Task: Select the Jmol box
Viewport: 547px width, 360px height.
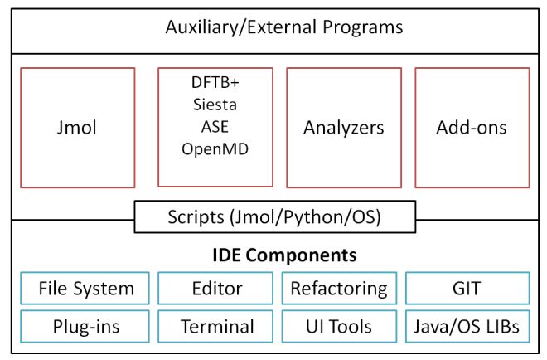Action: [77, 128]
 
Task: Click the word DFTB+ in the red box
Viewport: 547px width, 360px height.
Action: [215, 84]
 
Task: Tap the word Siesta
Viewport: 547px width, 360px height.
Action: [215, 105]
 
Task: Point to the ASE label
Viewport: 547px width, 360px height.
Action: [215, 127]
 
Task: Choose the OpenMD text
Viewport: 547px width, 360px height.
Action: [215, 149]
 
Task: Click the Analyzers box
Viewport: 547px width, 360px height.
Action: [343, 128]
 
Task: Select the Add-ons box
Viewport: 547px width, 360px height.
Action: [472, 128]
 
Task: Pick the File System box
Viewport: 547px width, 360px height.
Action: [85, 289]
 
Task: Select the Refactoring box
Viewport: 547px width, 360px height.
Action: [338, 289]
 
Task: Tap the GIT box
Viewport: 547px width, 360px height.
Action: [467, 289]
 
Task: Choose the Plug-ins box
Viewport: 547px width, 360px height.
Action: [85, 326]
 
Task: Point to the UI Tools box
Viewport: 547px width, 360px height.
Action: [338, 326]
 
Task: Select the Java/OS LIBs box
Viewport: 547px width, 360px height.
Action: [467, 326]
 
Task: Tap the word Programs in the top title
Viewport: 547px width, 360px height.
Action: [361, 27]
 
